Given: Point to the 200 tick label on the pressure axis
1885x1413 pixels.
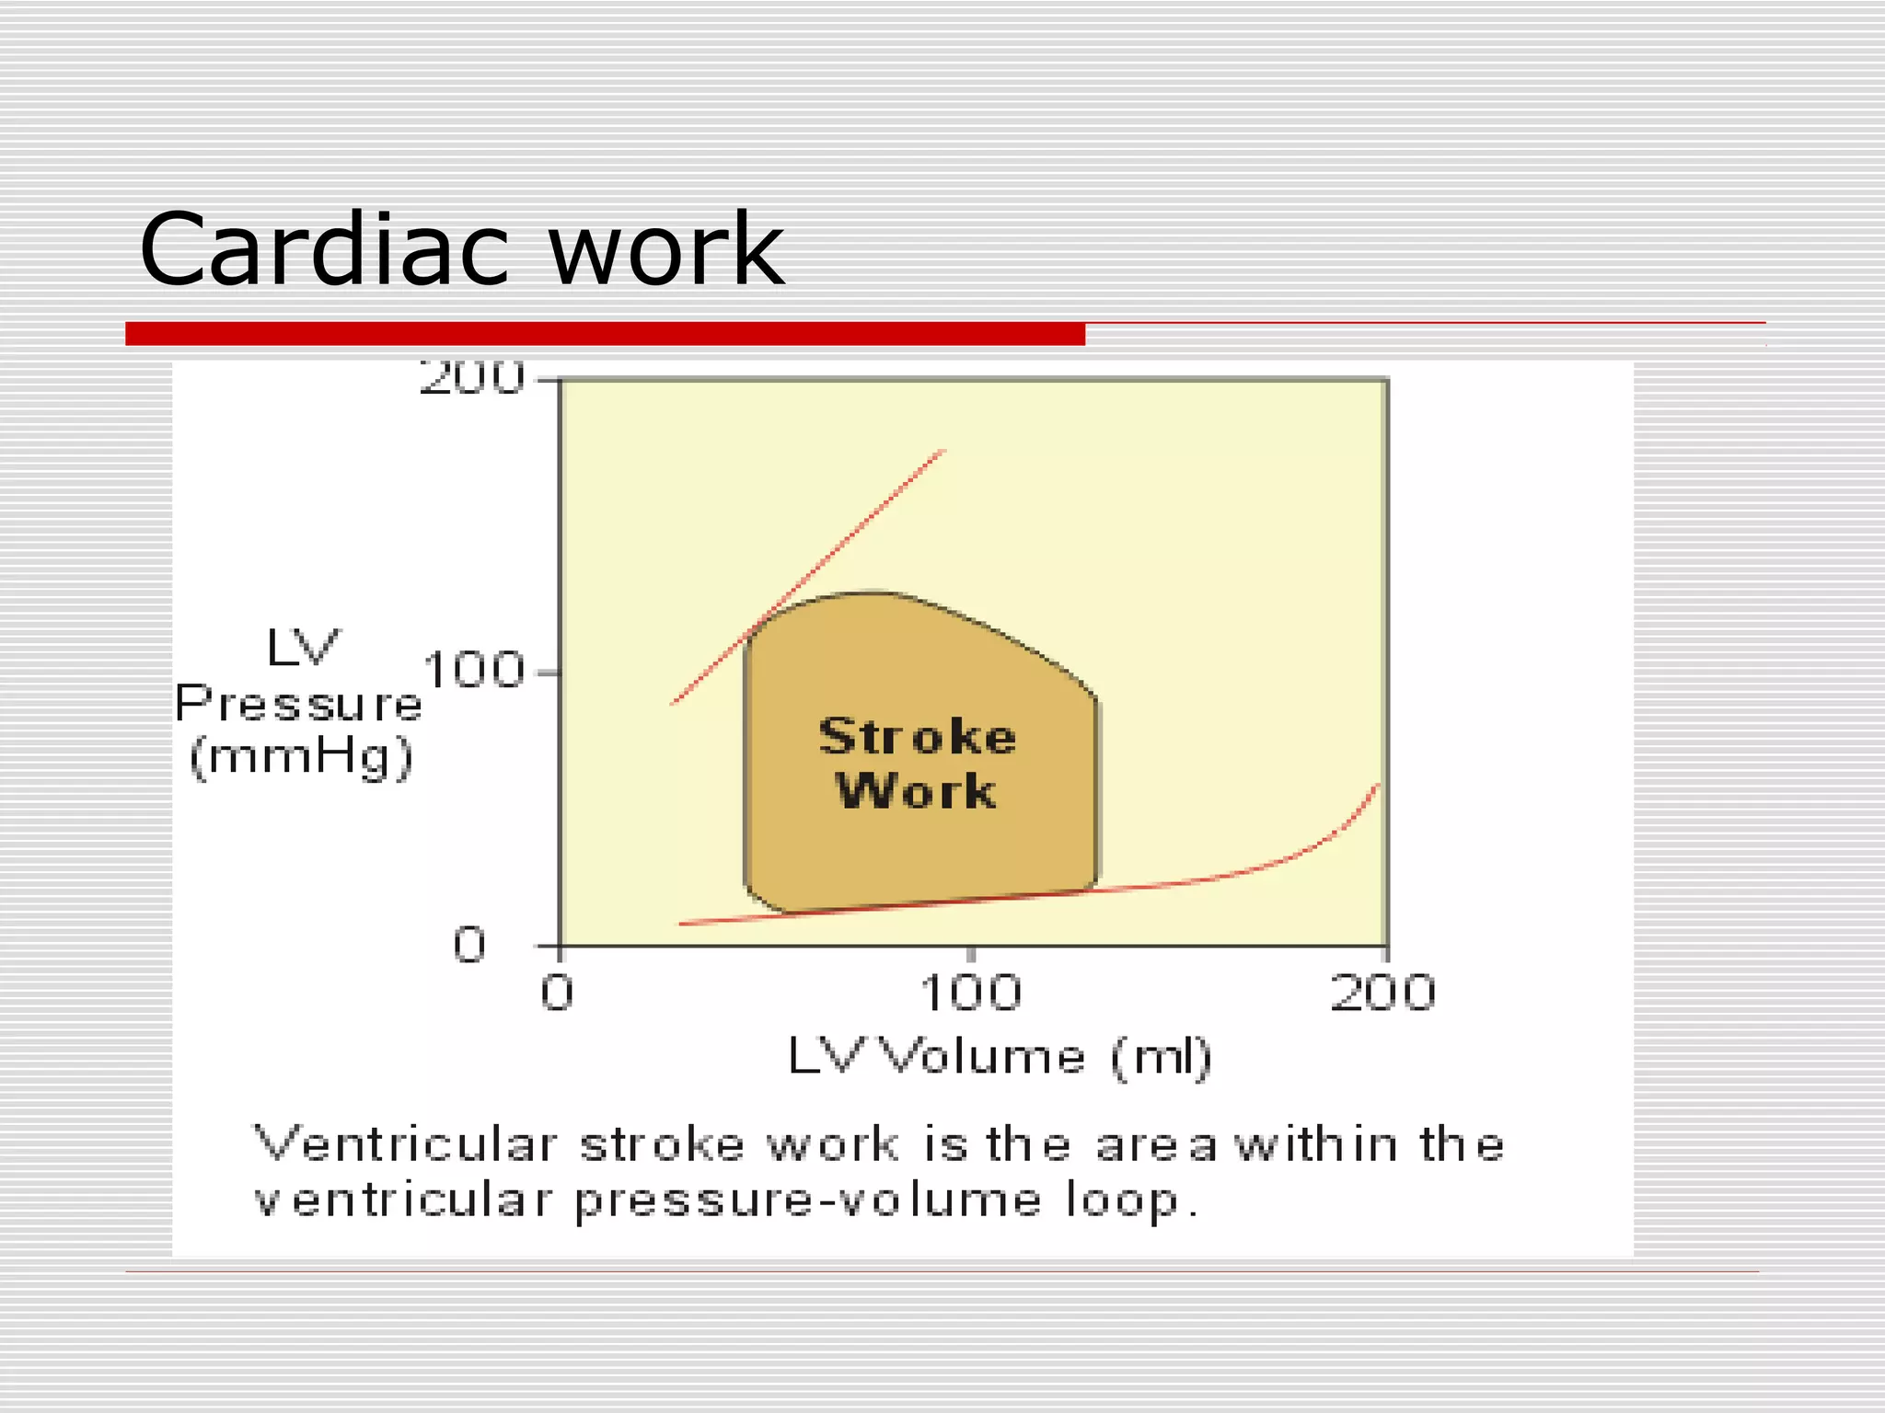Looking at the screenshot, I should tap(471, 377).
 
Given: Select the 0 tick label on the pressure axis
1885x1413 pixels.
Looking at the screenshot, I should tap(469, 945).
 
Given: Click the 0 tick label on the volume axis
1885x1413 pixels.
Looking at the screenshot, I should tap(557, 994).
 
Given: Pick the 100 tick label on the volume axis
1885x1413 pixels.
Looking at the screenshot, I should tap(971, 994).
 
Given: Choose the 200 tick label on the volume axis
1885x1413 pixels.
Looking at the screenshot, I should tap(1382, 994).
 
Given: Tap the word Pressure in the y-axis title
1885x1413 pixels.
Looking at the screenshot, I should tap(298, 704).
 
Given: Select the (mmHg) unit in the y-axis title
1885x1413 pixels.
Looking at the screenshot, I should tap(301, 759).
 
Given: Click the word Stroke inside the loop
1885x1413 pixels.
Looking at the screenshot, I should tap(918, 737).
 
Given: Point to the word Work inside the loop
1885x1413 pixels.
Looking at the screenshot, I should tap(916, 791).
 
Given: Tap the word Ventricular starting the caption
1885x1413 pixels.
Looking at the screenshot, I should tap(405, 1145).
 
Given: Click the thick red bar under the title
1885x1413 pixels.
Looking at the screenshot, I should tap(605, 334).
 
